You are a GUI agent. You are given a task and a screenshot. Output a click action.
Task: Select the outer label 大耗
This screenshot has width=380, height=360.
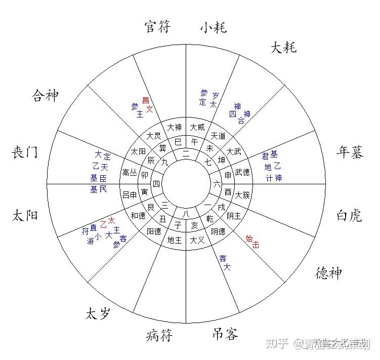point(283,48)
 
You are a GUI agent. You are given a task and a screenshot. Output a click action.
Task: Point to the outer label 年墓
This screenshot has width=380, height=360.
point(350,153)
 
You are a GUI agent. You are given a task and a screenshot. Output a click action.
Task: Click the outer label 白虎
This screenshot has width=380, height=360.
point(349,216)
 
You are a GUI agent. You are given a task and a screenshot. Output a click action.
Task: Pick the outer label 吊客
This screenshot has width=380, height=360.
point(224,334)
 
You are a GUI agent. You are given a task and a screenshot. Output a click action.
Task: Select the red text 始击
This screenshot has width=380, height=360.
point(252,241)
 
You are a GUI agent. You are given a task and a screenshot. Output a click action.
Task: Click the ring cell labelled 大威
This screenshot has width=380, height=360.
point(197,128)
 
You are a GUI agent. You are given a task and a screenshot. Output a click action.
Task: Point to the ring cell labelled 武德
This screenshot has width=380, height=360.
point(242,173)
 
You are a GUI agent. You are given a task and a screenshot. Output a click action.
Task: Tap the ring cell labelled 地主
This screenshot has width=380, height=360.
point(174,240)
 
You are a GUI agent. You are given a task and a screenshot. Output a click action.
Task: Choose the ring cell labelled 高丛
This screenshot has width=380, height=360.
point(130,173)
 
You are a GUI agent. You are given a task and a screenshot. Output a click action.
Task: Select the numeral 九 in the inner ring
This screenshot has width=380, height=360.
point(164,163)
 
